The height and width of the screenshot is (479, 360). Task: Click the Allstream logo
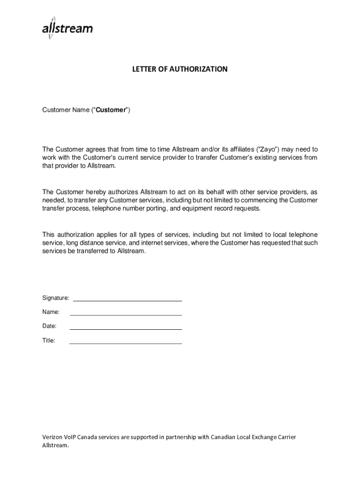point(67,29)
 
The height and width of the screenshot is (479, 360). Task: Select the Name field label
point(51,312)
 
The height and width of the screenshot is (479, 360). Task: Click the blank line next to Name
point(125,315)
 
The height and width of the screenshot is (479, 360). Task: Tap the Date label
point(50,326)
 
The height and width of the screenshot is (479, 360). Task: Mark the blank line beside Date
point(125,329)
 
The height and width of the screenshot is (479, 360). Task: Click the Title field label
point(49,341)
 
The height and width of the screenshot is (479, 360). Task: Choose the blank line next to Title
point(125,343)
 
